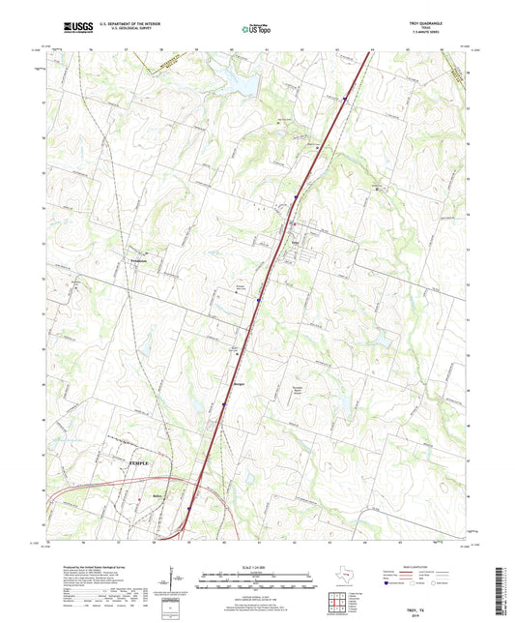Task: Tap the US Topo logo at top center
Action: [x=256, y=30]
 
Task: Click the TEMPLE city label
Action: [x=141, y=464]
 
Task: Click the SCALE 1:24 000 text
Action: [x=256, y=567]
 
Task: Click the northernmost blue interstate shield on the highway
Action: [x=344, y=96]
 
